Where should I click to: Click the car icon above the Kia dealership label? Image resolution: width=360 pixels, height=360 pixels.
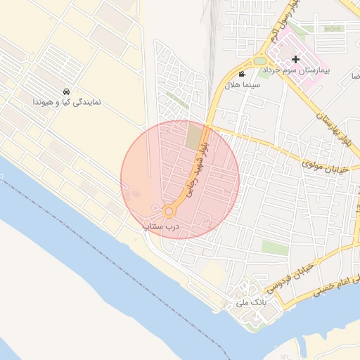click(x=66, y=92)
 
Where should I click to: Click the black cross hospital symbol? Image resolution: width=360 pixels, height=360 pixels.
click(x=295, y=60)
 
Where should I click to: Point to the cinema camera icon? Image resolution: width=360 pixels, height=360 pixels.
click(x=242, y=74)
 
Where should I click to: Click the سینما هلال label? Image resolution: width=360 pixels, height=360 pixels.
click(x=243, y=84)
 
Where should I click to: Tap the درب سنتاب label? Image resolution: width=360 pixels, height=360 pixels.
click(x=162, y=226)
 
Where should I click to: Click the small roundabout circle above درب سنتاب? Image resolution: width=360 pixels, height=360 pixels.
click(x=169, y=212)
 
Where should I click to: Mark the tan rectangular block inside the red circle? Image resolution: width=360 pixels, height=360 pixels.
click(x=192, y=136)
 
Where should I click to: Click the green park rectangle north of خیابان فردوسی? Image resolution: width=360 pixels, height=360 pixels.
click(x=275, y=247)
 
